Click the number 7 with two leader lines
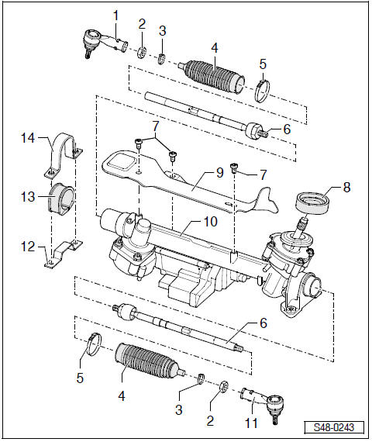point(155,125)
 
